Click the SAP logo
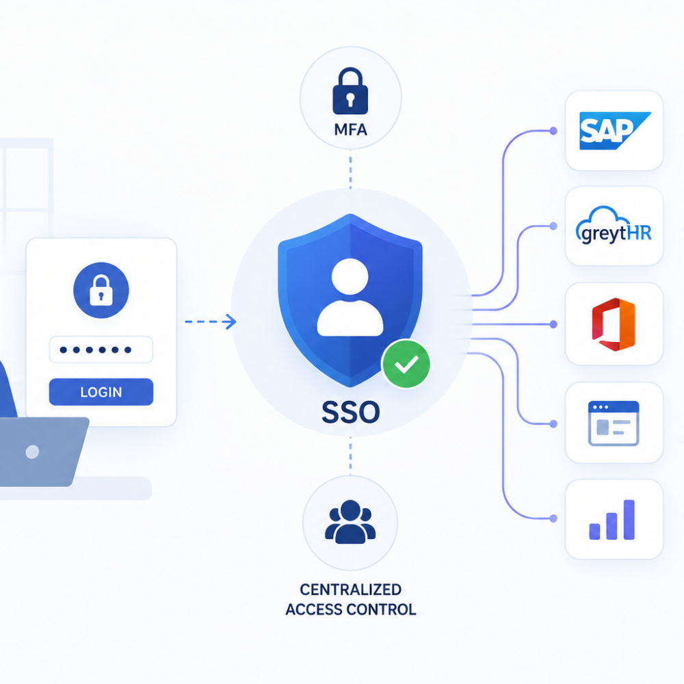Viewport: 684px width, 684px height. [615, 131]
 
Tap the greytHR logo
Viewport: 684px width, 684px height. [614, 226]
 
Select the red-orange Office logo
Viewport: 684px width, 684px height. [614, 324]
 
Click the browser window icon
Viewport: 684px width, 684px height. [614, 423]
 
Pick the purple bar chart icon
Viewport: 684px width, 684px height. [612, 520]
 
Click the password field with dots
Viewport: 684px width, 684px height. [101, 350]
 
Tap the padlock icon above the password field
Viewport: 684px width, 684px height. [101, 290]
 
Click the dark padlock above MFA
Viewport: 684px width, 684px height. [350, 91]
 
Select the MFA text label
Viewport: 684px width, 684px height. [350, 129]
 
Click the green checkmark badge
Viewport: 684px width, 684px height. [406, 364]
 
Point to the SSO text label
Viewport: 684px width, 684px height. [351, 412]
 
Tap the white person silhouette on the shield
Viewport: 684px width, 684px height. [350, 297]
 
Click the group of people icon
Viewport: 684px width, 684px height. [350, 522]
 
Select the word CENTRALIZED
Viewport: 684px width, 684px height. [350, 590]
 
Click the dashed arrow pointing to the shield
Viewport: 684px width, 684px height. [211, 322]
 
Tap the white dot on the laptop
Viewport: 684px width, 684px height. [32, 451]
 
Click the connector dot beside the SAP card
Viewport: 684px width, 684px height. [553, 131]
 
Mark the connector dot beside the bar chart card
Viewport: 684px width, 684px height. [553, 518]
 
